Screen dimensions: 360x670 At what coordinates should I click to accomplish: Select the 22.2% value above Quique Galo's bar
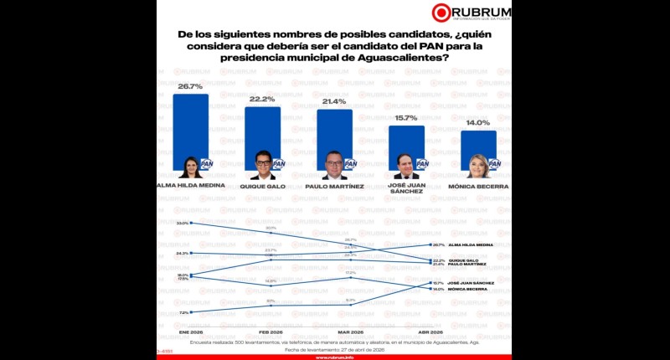[262, 99]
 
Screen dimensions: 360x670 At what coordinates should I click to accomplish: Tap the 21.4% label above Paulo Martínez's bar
[334, 101]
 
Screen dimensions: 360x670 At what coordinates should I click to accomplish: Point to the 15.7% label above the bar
[406, 118]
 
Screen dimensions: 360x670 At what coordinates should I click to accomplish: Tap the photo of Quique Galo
[262, 165]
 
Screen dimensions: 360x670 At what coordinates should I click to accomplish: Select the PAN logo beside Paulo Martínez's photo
[350, 164]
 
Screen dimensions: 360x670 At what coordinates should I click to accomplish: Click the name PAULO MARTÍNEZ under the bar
[334, 186]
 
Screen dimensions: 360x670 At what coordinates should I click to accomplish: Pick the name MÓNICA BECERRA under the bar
[478, 186]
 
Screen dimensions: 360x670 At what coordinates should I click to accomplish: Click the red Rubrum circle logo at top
[442, 12]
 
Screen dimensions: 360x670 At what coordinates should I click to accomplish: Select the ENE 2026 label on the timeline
[191, 332]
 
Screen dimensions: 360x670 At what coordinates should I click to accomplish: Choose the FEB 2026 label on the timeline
[271, 332]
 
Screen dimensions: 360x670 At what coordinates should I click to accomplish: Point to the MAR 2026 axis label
[350, 332]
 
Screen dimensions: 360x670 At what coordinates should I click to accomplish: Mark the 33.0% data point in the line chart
[192, 223]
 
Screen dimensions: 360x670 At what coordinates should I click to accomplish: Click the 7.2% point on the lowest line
[192, 312]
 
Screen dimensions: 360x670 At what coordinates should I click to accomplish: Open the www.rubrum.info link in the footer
[334, 357]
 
